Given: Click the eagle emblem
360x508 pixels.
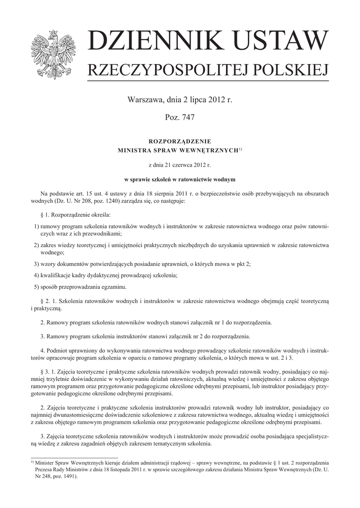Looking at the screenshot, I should tap(52, 54).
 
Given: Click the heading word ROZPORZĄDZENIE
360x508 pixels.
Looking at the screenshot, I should tap(180, 141).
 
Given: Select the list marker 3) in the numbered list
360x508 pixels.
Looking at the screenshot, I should tap(36, 263).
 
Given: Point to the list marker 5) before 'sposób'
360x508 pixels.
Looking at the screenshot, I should tap(36, 287).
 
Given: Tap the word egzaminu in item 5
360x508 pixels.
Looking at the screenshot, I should tap(114, 287).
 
